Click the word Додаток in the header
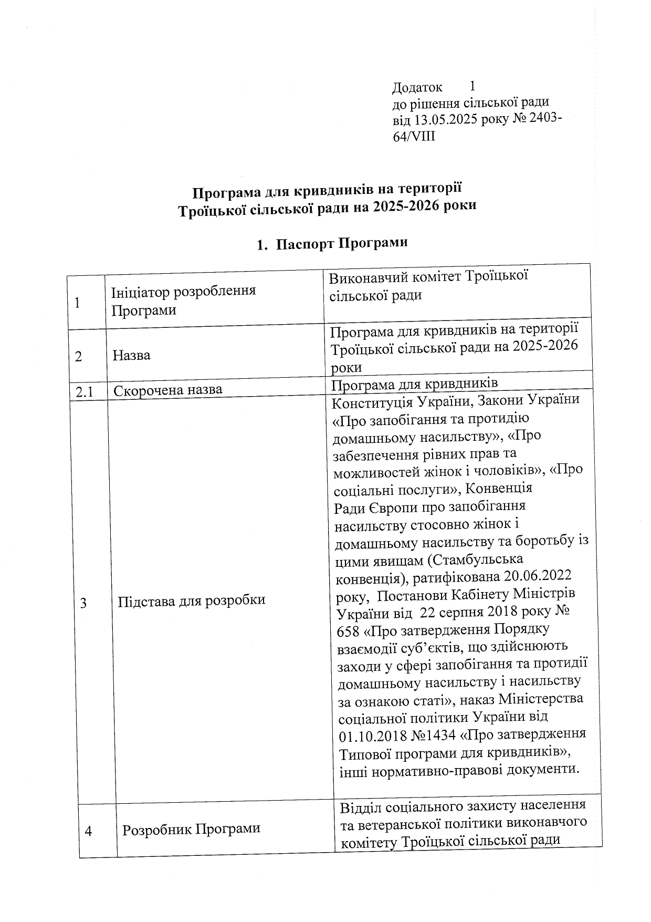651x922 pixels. coord(417,87)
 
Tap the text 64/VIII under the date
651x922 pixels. coord(414,137)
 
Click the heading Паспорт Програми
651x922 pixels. coord(341,244)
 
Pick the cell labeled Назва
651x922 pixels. coord(131,355)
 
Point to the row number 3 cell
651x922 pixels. coord(83,603)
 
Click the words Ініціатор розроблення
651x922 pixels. coord(183,291)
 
